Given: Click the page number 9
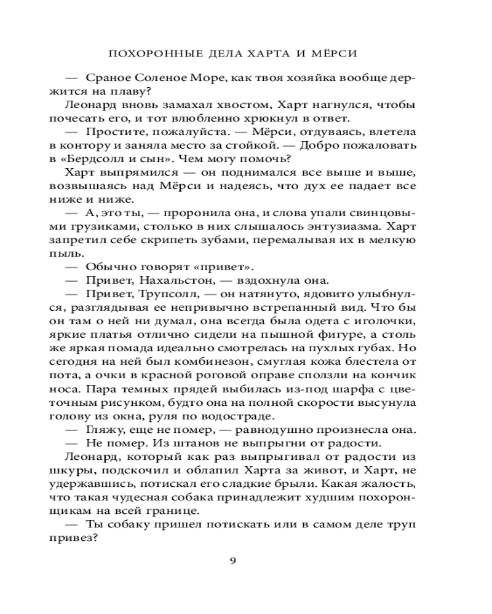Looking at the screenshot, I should [232, 560].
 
